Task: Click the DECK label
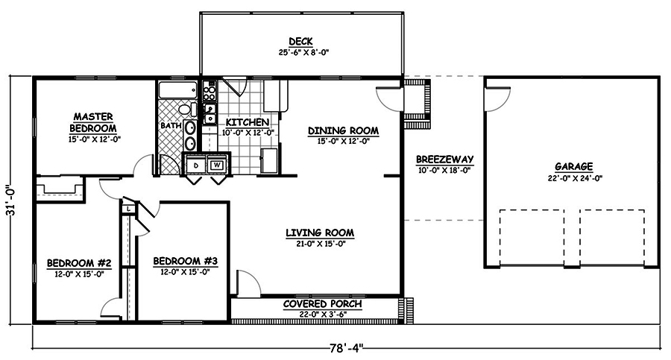[x=301, y=42]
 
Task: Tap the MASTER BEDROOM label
[x=93, y=122]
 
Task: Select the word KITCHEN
[x=248, y=122]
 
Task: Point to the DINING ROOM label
[x=343, y=130]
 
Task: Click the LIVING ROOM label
[x=320, y=233]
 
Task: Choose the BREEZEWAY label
[x=444, y=160]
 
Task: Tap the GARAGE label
[x=574, y=166]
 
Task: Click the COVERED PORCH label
[x=322, y=304]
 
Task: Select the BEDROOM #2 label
[x=79, y=263]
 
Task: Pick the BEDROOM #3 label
[x=186, y=261]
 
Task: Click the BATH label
[x=171, y=126]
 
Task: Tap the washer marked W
[x=218, y=165]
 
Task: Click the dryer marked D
[x=196, y=165]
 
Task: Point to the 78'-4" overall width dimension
[x=346, y=348]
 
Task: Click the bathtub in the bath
[x=178, y=90]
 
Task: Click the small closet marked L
[x=129, y=209]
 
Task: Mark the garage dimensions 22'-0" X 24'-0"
[x=575, y=178]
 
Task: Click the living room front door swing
[x=248, y=282]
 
